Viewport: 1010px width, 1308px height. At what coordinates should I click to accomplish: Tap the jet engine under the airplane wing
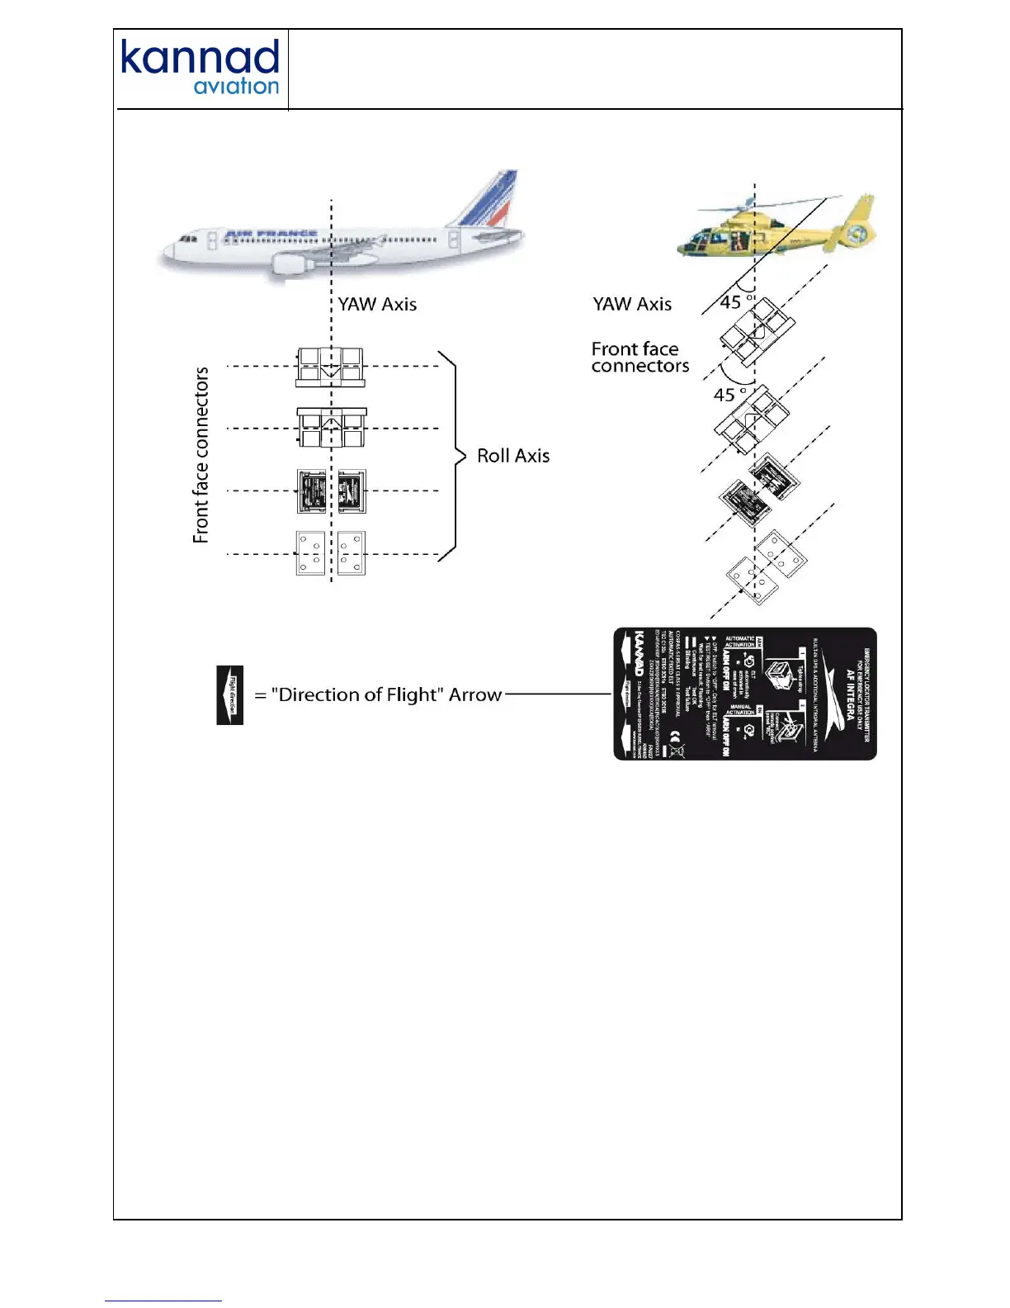click(x=289, y=264)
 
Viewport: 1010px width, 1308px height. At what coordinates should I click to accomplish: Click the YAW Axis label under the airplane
click(x=377, y=305)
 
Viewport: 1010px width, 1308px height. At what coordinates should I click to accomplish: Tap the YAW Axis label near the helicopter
click(x=632, y=305)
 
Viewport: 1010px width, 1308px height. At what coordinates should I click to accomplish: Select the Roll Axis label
click(x=513, y=456)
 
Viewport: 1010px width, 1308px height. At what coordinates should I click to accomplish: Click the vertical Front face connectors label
click(x=201, y=455)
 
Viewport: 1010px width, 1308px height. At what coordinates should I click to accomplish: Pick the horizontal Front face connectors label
click(x=640, y=358)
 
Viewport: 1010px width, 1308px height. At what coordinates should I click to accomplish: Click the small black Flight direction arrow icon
click(x=230, y=694)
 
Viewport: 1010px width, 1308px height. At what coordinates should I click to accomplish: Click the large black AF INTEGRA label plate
click(x=745, y=694)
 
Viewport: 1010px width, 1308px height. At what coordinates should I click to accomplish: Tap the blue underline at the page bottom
click(x=163, y=1301)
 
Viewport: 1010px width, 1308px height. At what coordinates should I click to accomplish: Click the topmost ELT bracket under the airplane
click(x=331, y=367)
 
